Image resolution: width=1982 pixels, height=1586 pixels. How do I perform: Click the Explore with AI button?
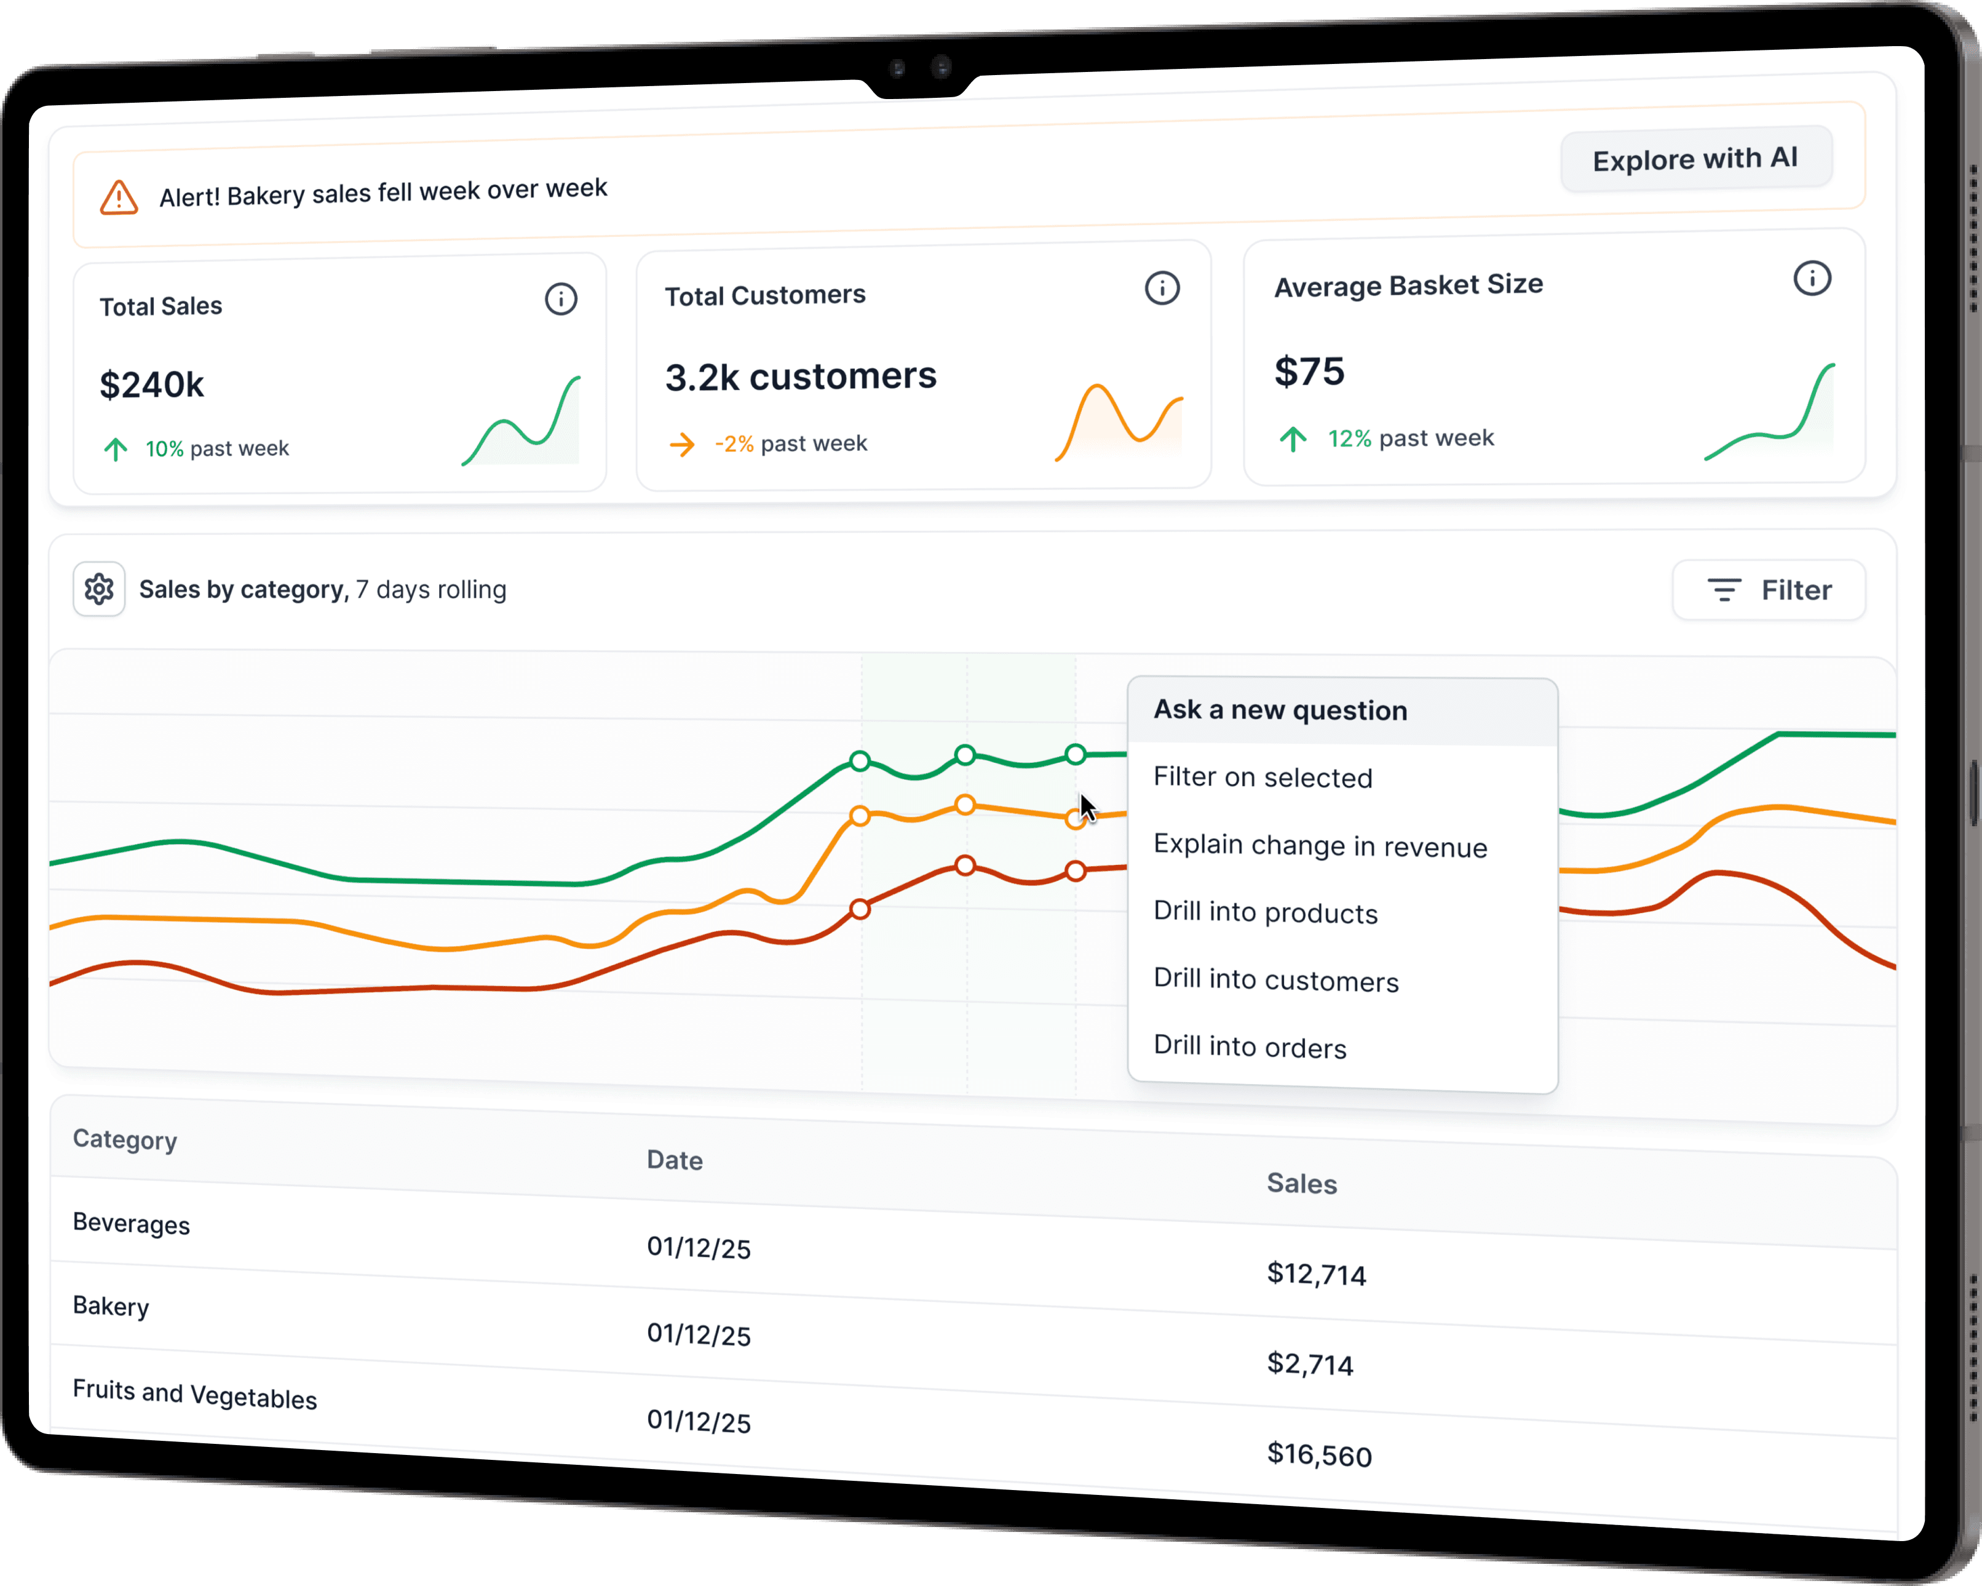(x=1695, y=159)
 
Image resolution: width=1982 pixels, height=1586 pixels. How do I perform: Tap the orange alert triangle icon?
(x=119, y=197)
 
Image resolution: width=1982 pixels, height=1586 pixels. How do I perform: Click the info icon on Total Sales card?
(x=561, y=299)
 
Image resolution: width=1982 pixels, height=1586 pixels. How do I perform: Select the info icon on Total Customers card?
(x=1162, y=288)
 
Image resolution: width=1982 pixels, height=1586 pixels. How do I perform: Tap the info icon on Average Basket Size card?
(x=1812, y=279)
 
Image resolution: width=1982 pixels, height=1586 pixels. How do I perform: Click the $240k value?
(x=152, y=385)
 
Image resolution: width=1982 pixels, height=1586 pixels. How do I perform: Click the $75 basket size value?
(x=1309, y=372)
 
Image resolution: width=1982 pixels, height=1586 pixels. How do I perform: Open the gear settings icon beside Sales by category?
(x=99, y=589)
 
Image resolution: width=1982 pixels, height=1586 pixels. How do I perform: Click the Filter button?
(x=1769, y=589)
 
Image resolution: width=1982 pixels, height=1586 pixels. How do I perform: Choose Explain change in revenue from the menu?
(x=1320, y=846)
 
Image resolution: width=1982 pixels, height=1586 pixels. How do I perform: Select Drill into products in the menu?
(x=1265, y=912)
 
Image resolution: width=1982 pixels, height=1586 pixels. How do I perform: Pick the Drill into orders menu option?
(x=1250, y=1046)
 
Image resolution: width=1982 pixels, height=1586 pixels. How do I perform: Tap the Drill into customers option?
(x=1276, y=980)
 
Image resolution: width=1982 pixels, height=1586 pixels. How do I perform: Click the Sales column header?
(x=1302, y=1183)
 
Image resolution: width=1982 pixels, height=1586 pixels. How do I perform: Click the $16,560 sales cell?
(x=1319, y=1454)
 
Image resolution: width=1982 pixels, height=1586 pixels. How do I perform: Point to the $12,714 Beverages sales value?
(x=1317, y=1273)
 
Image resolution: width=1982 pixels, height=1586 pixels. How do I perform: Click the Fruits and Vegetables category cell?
(x=195, y=1394)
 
